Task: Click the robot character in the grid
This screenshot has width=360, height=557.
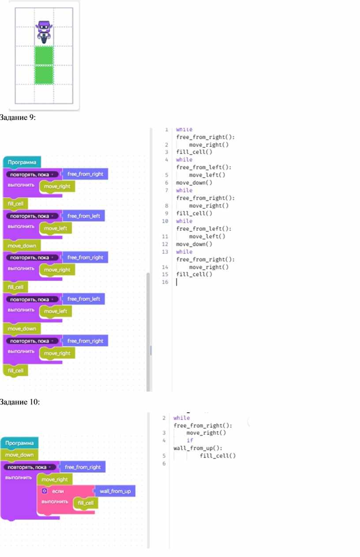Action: (x=44, y=32)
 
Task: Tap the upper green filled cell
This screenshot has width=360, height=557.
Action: (x=44, y=56)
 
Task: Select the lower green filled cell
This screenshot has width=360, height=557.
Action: (x=44, y=75)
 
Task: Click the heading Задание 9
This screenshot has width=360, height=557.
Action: (x=18, y=117)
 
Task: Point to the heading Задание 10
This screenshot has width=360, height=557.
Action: (x=20, y=402)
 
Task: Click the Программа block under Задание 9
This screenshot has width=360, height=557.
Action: (x=22, y=162)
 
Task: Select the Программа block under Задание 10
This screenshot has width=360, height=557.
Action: (x=19, y=443)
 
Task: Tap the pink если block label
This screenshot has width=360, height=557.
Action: (x=58, y=491)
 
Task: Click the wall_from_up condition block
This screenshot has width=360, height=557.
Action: (x=115, y=491)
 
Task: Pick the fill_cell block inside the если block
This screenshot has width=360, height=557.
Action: (x=86, y=503)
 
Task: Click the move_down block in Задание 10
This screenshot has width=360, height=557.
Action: (x=19, y=455)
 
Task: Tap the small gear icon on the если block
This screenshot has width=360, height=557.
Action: (x=45, y=491)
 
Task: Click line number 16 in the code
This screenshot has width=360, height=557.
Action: (x=165, y=282)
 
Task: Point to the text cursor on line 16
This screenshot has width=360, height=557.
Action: (x=176, y=282)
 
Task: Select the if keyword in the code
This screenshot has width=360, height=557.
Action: (x=190, y=440)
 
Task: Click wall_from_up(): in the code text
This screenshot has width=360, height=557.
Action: (x=198, y=448)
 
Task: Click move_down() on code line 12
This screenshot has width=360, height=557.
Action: (x=194, y=244)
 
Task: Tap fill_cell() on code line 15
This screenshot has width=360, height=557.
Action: (x=194, y=274)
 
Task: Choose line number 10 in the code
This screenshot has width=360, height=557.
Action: (x=165, y=221)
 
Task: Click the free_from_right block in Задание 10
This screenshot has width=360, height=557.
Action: (x=83, y=467)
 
